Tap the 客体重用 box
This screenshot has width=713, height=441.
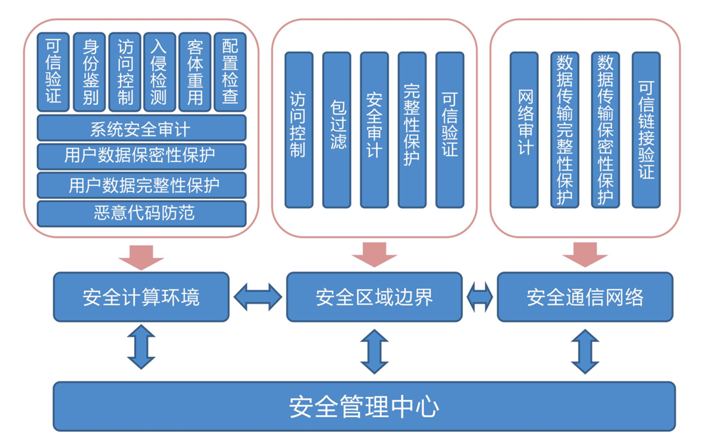pos(194,72)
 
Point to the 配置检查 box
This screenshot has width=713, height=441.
pos(229,72)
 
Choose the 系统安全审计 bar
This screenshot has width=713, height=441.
pos(141,128)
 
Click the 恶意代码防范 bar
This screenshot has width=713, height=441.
pos(141,214)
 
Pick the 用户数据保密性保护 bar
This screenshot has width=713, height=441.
pos(141,157)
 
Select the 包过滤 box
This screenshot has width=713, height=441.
pos(336,130)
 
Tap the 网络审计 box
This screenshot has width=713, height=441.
pos(524,130)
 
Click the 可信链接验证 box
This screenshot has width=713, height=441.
pos(646,130)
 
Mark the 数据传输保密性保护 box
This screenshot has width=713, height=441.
pos(605,130)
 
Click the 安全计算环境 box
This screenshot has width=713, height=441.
pos(141,297)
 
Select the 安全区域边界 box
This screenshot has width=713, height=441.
pos(374,297)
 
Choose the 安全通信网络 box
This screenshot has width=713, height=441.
pos(585,297)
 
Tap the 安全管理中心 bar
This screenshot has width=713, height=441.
pos(364,407)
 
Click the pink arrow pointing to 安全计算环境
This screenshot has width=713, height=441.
pos(141,256)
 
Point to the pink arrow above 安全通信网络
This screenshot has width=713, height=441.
pos(585,254)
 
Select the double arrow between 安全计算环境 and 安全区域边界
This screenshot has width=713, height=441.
pos(258,297)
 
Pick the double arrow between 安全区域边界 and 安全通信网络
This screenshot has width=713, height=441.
pos(480,297)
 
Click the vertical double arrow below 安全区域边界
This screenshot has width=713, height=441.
pos(374,351)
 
